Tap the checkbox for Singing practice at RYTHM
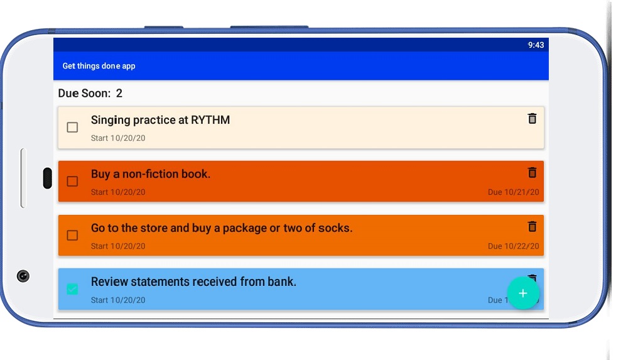point(72,128)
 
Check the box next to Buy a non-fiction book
point(72,182)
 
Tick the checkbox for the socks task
point(72,236)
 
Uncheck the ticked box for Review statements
point(72,289)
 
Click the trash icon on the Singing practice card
point(532,118)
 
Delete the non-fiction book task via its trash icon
point(532,172)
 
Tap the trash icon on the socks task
point(532,226)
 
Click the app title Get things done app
point(99,66)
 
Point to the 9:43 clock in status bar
point(536,45)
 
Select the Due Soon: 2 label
point(90,94)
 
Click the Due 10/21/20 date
point(513,192)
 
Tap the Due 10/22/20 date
point(513,246)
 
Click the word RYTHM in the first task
point(210,120)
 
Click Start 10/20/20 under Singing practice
point(118,138)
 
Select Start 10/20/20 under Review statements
point(118,300)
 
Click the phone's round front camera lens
point(23,276)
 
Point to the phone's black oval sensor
point(47,178)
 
